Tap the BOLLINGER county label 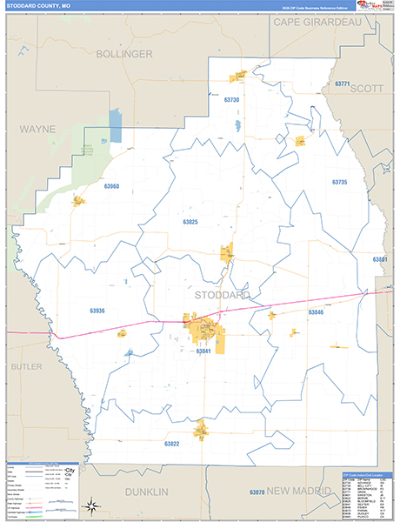click(124, 54)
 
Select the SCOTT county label click(368, 88)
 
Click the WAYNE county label click(37, 129)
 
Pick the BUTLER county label click(26, 367)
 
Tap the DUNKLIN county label click(145, 492)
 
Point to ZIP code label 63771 click(341, 84)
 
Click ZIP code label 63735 click(339, 183)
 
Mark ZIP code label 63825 click(190, 222)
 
